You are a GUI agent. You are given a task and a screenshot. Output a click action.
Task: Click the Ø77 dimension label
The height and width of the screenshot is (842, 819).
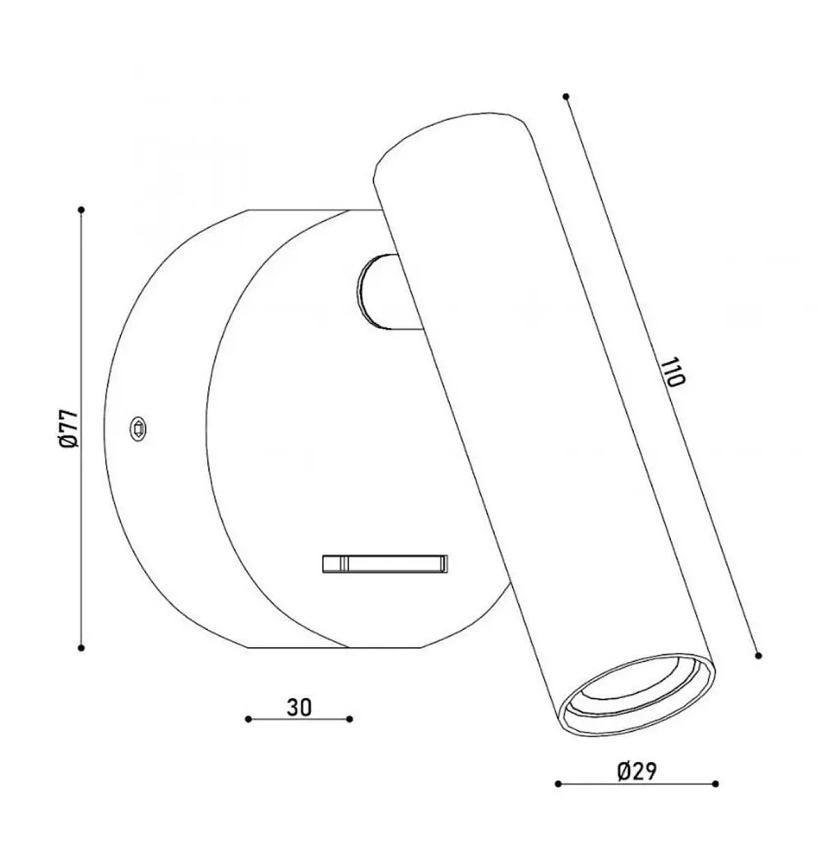pyautogui.click(x=69, y=428)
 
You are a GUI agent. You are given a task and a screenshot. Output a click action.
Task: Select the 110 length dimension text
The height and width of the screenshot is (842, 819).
pyautogui.click(x=673, y=372)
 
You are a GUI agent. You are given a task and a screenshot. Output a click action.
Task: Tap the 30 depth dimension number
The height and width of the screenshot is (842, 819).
pyautogui.click(x=299, y=707)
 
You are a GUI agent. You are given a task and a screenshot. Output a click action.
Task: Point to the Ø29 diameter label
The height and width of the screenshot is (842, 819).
pyautogui.click(x=636, y=771)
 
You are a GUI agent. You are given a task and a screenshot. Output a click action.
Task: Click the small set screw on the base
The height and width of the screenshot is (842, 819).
pyautogui.click(x=138, y=429)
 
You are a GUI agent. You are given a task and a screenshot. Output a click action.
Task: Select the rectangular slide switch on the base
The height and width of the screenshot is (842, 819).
pyautogui.click(x=385, y=563)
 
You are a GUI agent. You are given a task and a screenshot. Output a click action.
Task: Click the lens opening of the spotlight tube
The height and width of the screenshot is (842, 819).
pyautogui.click(x=637, y=696)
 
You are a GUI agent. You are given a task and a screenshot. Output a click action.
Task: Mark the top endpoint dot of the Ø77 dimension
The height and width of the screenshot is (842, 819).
pyautogui.click(x=81, y=210)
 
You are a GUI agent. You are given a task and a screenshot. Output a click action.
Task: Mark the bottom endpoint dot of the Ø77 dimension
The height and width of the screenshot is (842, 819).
pyautogui.click(x=81, y=648)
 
